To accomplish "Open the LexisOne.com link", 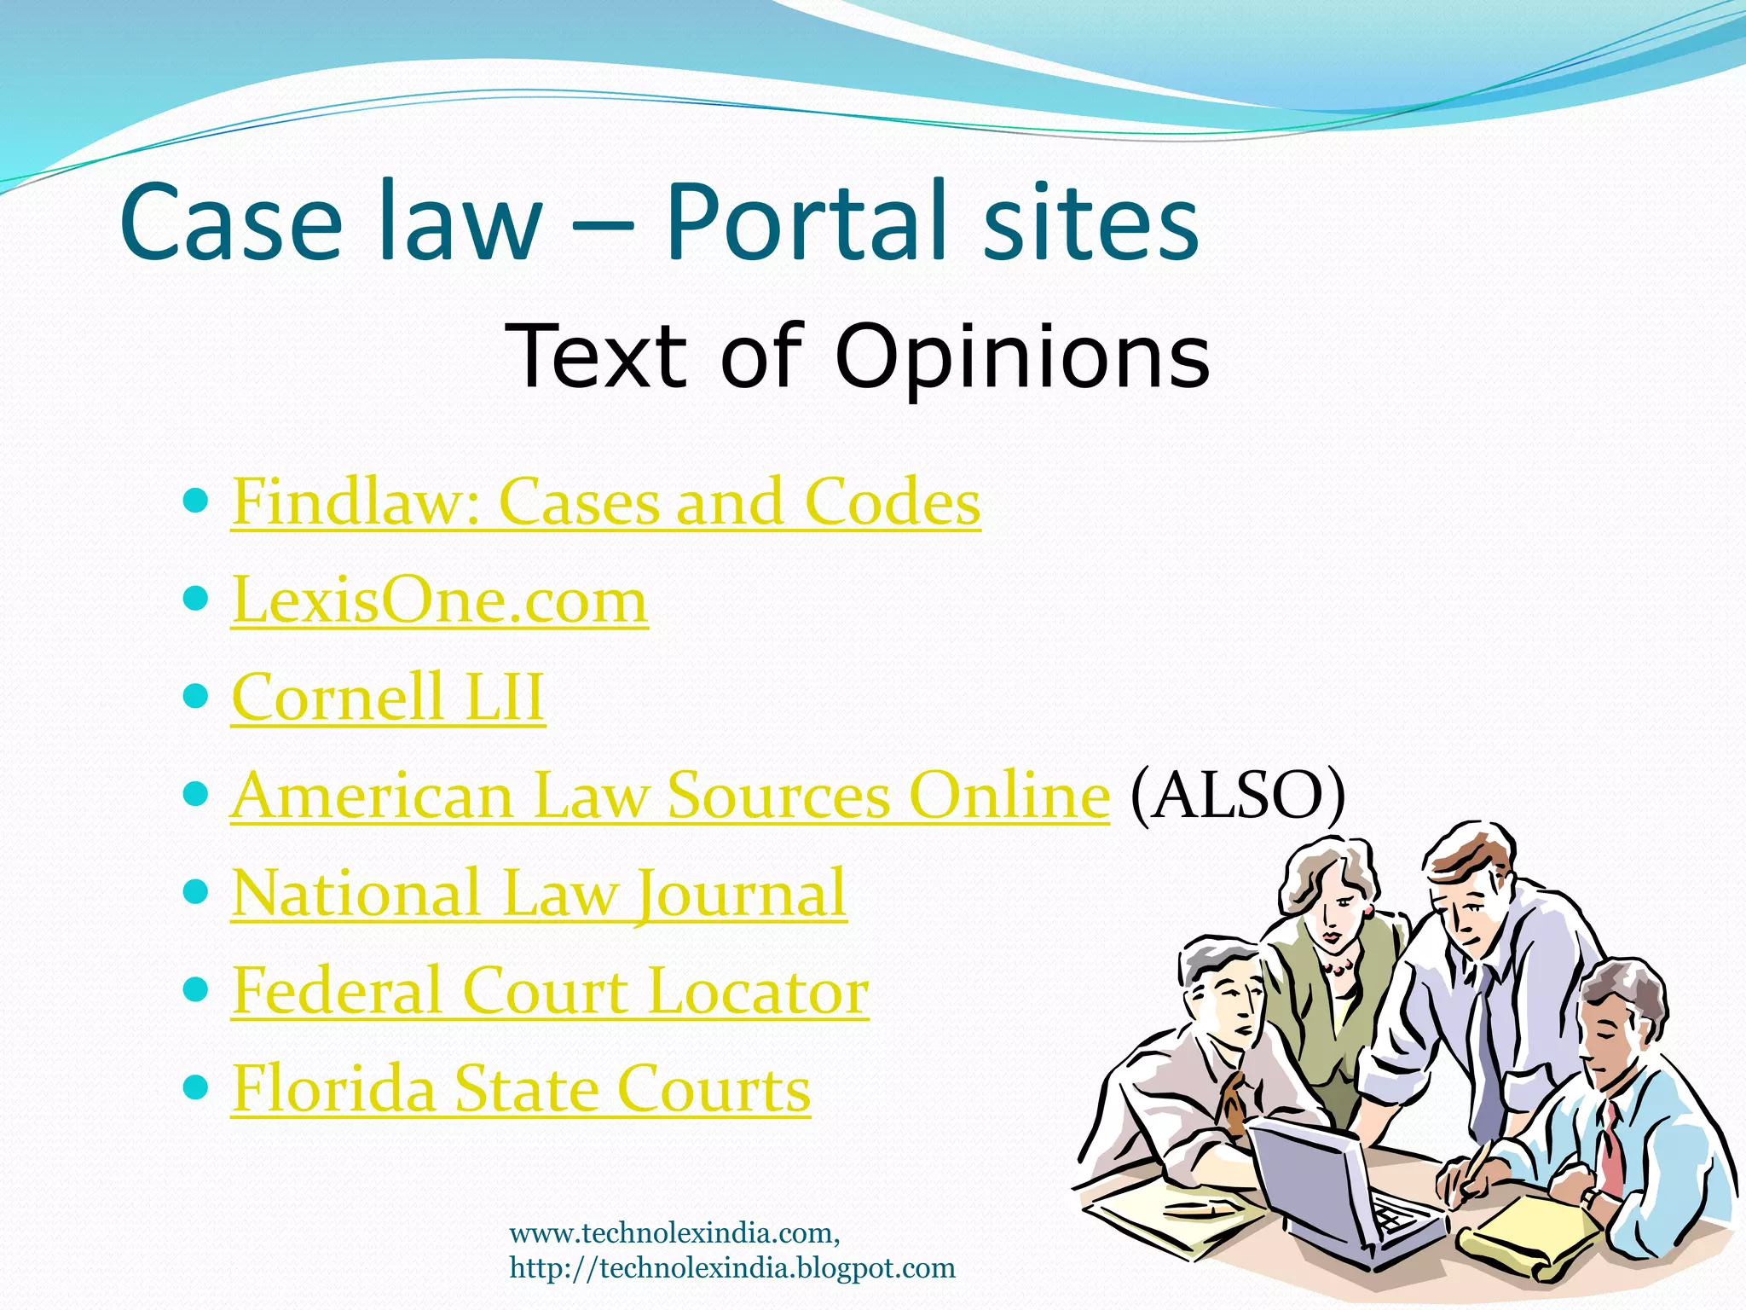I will [439, 600].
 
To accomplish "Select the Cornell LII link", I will [388, 698].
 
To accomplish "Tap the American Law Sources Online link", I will [670, 796].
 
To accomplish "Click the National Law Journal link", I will [539, 894].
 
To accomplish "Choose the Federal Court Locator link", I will [550, 991].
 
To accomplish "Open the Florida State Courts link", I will [521, 1089].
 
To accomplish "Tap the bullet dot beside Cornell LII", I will [196, 696].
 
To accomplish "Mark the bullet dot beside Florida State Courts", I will [196, 1087].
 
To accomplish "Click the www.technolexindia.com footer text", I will [674, 1233].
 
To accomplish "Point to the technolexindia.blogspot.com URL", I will [732, 1268].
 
